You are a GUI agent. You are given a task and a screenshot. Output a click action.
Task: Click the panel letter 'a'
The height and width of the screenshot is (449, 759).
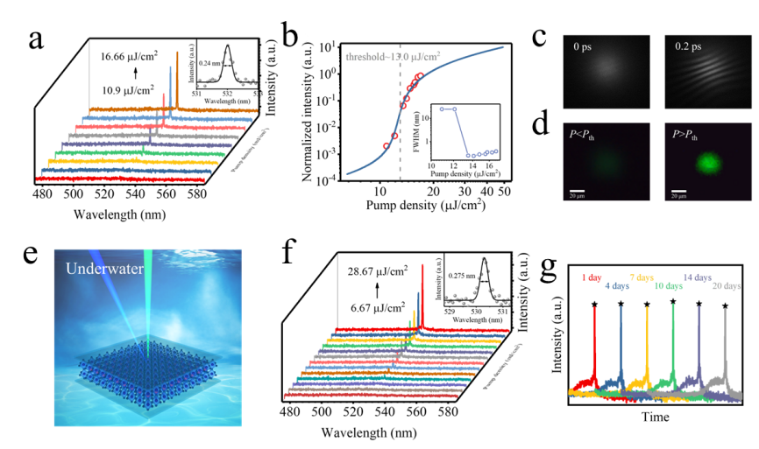tap(36, 39)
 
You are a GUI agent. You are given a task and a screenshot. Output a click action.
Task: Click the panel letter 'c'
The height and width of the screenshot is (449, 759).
tap(539, 36)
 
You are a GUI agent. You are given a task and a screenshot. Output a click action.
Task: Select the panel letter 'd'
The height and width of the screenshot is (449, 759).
tap(540, 123)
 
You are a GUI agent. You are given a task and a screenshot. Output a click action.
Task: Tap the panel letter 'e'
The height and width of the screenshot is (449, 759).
tap(30, 252)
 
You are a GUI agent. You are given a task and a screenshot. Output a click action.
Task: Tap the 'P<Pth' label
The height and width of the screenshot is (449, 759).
tap(585, 135)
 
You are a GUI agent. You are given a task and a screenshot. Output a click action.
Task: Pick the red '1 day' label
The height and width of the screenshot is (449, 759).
tap(592, 277)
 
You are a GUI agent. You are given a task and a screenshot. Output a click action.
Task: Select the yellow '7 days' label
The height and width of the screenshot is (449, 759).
tap(643, 277)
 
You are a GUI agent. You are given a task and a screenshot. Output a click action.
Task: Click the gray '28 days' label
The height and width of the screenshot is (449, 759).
tap(727, 286)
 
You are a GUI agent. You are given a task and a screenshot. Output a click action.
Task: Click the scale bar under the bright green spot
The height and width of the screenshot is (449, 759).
tap(678, 190)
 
